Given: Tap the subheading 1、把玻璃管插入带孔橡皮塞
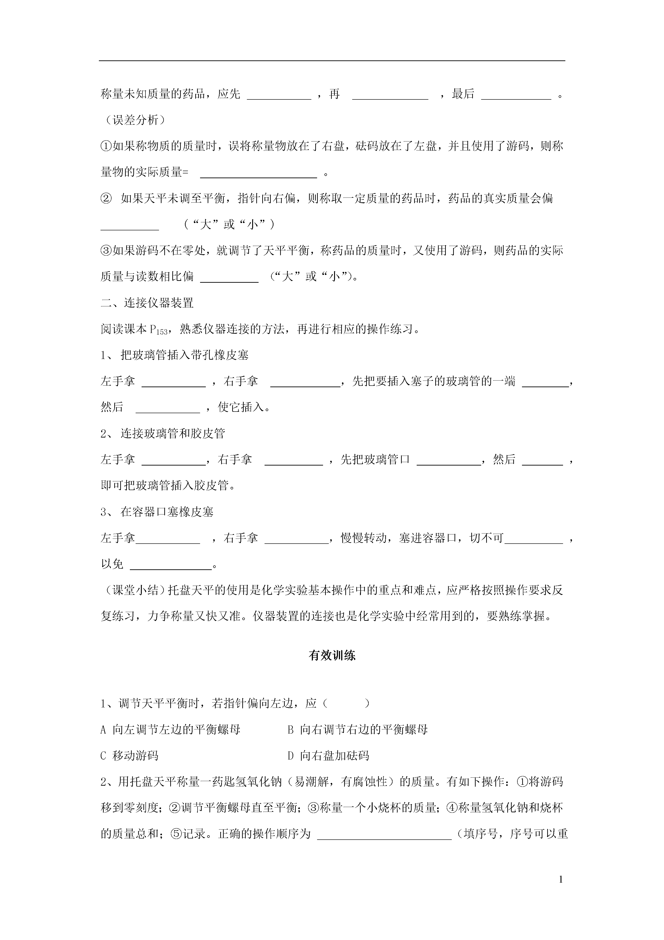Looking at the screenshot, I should click(x=175, y=355).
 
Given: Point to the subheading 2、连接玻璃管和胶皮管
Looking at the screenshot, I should click(x=163, y=434).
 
